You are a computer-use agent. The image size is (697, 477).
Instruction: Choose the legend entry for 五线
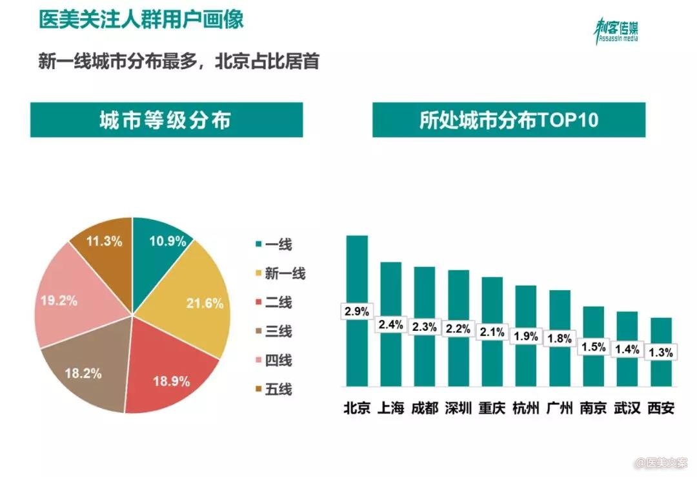click(x=274, y=389)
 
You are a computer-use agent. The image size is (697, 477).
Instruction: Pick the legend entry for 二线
click(x=274, y=302)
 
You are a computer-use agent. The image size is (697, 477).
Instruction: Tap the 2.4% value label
click(x=390, y=325)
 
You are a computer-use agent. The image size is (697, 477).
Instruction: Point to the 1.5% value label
click(x=593, y=347)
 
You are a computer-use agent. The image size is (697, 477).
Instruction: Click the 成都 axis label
click(x=424, y=408)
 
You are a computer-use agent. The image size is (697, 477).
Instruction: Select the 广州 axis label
click(x=560, y=408)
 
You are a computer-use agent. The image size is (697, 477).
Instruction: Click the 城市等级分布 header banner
click(x=166, y=121)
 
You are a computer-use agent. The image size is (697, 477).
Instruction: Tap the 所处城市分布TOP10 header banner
click(x=508, y=121)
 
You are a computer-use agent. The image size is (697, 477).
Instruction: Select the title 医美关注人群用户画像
click(x=141, y=19)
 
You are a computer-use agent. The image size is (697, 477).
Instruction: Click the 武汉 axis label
click(x=627, y=408)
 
